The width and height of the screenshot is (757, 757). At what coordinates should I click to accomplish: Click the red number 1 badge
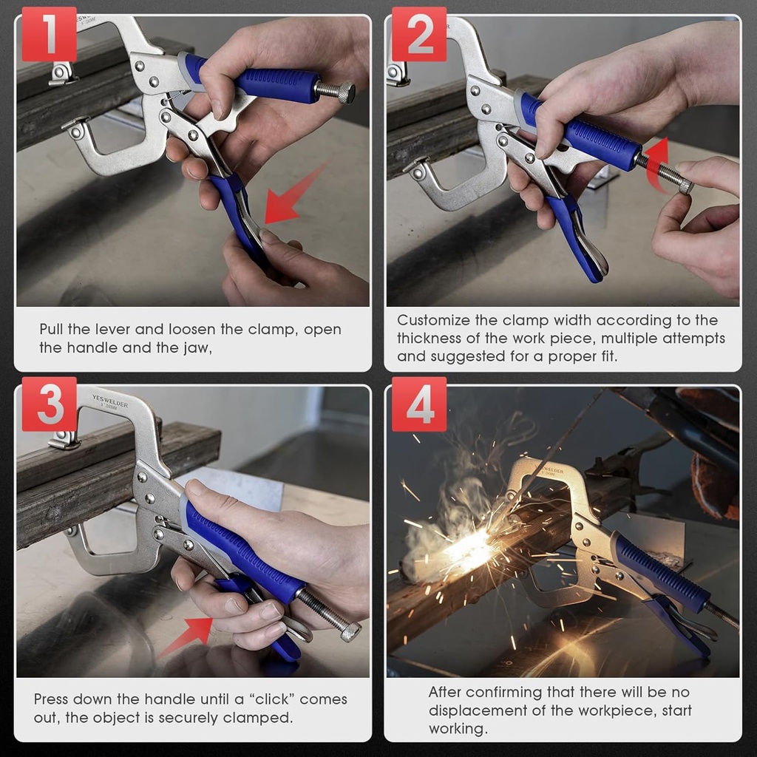tap(49, 34)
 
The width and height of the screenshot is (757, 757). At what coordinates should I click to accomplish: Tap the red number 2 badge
tap(418, 34)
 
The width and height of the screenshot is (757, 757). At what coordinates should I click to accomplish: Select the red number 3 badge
tap(49, 404)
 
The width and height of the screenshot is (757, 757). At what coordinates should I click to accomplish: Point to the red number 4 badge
tap(418, 404)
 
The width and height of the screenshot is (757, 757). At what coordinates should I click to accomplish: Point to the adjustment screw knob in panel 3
tap(349, 630)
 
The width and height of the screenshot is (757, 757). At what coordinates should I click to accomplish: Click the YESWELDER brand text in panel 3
tap(106, 406)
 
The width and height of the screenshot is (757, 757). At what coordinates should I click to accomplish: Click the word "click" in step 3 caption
tap(268, 699)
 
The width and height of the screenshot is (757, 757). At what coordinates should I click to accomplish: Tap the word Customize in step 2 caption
tap(434, 320)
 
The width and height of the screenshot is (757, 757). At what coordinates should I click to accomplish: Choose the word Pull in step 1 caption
tap(53, 329)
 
